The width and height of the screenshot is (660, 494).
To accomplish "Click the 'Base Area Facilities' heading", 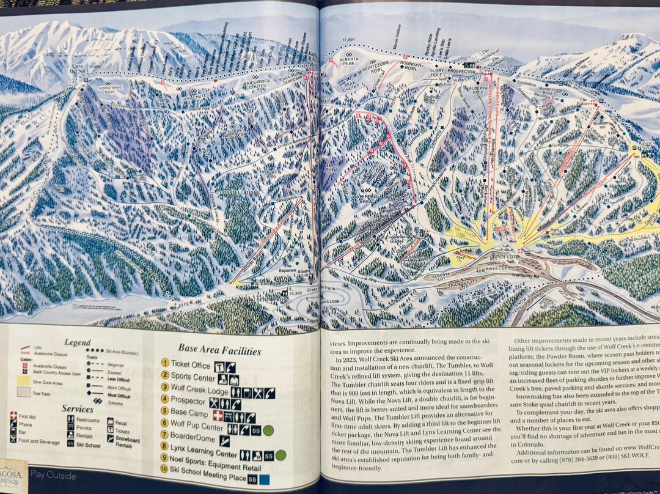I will tap(219, 350).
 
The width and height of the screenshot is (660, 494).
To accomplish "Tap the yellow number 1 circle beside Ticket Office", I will tap(165, 364).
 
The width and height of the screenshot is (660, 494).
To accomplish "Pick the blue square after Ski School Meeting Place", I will tap(264, 479).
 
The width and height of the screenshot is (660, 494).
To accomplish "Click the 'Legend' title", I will tap(77, 342).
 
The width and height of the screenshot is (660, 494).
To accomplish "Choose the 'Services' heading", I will tap(78, 408).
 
